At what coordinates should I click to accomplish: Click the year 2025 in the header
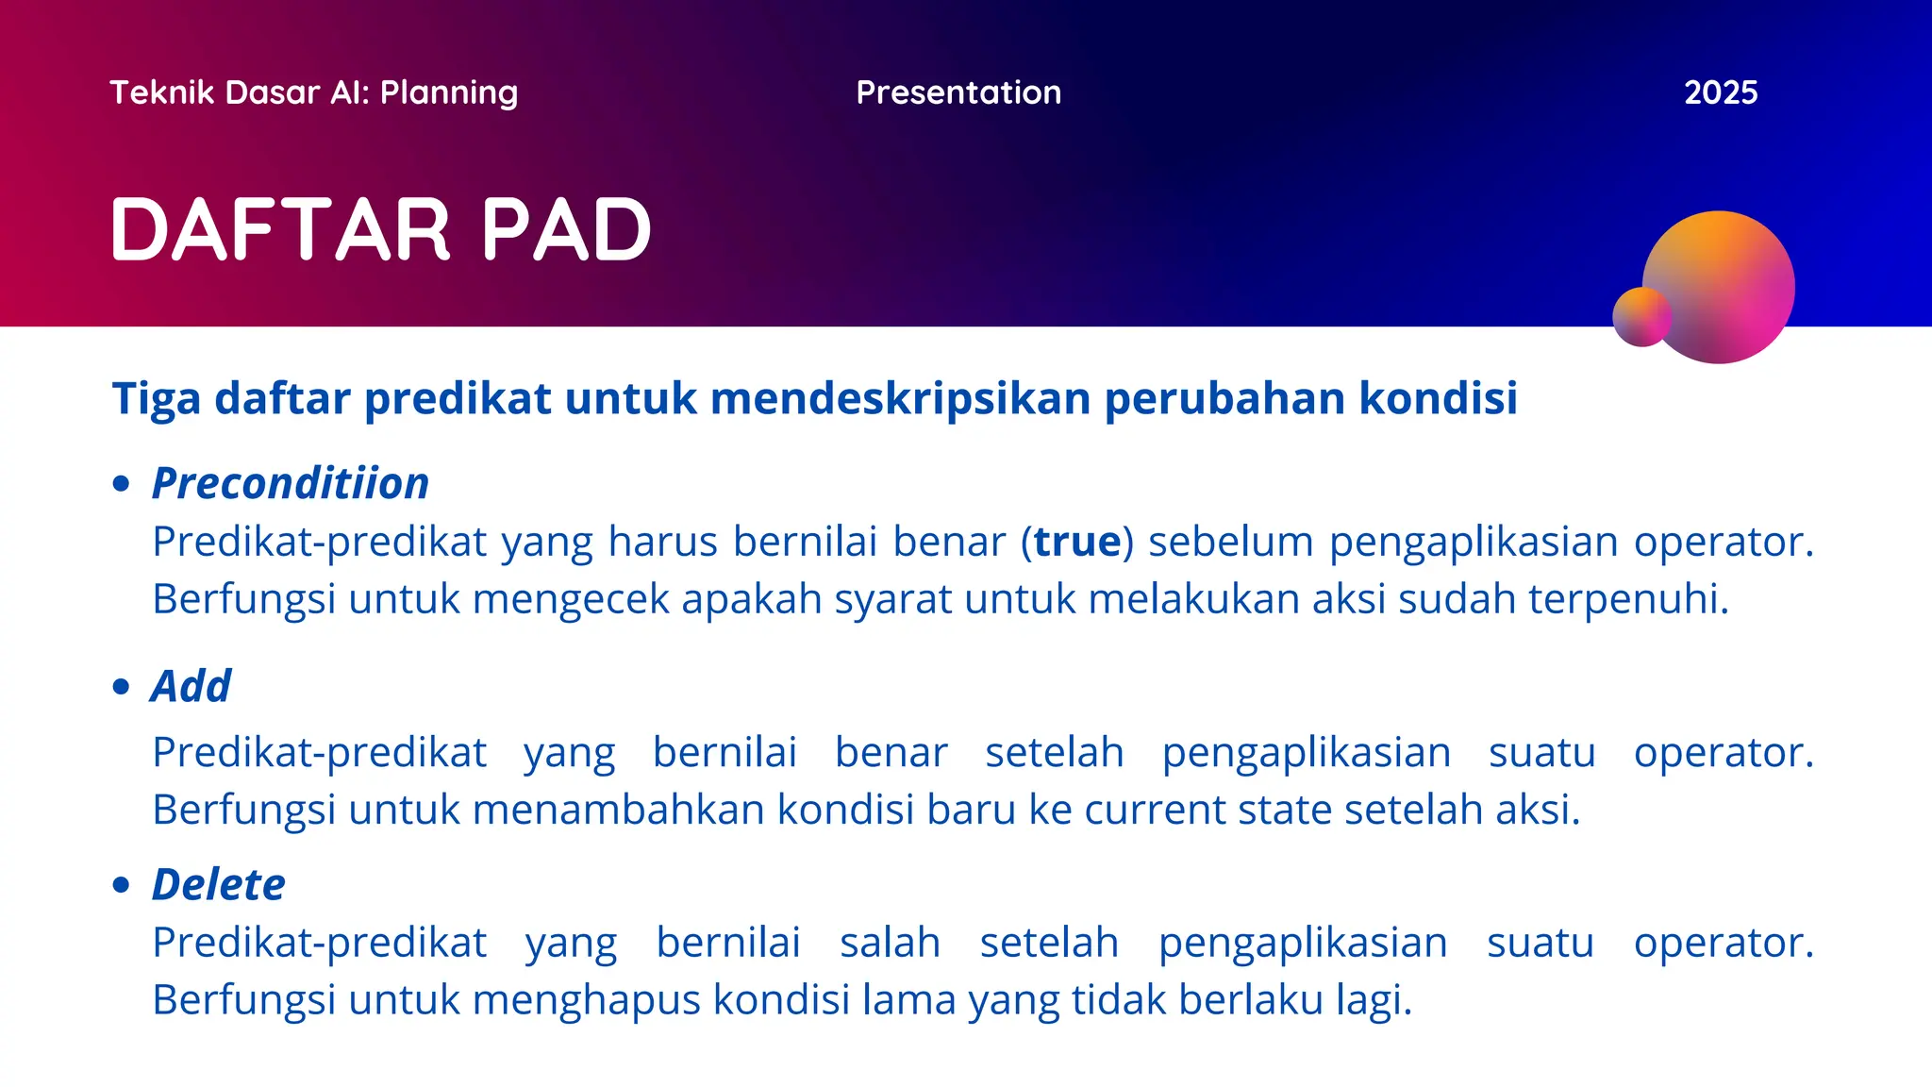1720,92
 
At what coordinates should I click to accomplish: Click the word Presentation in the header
958,92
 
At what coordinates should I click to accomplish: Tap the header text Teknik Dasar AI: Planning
313,92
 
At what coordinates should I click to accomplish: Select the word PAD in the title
566,229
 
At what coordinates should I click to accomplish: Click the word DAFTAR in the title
280,229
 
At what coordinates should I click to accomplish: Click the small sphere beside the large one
1641,317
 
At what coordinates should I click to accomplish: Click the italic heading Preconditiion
290,483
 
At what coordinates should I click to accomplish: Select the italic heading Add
191,686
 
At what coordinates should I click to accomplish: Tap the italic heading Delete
218,885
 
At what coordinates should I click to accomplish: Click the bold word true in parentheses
1077,542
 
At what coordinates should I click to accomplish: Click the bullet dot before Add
121,686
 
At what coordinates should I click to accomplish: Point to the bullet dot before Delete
121,885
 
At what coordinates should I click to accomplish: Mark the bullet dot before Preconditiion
121,484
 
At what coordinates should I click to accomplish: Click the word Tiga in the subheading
156,398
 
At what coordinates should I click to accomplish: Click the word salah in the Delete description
890,943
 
